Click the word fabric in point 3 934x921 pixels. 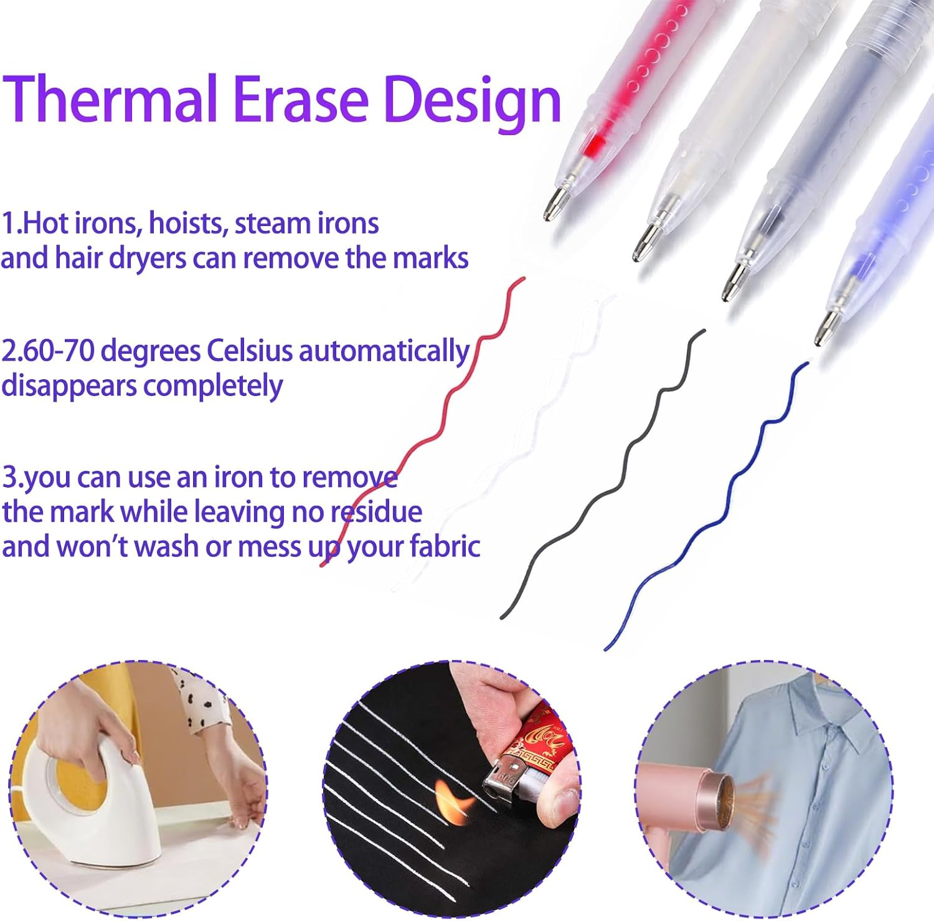point(445,547)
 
